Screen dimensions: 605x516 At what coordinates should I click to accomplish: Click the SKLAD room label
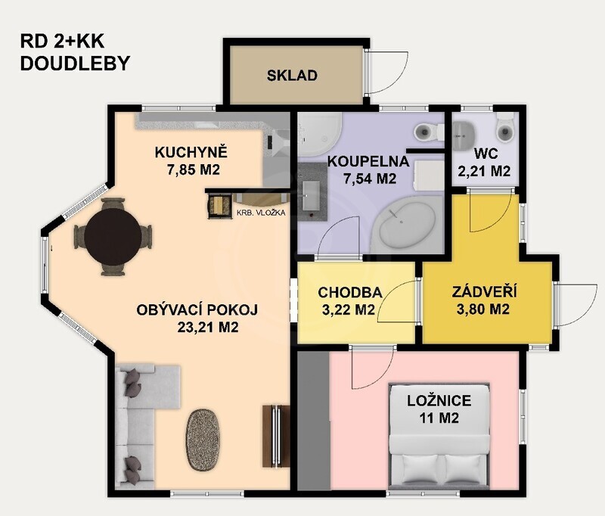pos(292,75)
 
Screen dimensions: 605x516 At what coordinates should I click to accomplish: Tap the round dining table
pos(113,236)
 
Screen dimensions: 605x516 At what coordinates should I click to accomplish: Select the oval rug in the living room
pos(203,440)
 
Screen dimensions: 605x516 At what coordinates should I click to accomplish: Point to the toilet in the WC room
pos(505,129)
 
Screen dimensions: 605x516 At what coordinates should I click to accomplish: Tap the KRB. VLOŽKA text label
pos(261,213)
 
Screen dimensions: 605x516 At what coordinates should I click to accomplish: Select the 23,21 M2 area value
pos(207,328)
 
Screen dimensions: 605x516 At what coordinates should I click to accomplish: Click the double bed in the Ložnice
pos(439,435)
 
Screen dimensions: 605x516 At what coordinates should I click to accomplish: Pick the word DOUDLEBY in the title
pos(75,64)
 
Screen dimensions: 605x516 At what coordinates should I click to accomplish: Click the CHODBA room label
pos(350,293)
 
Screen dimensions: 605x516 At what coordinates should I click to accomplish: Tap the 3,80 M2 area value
pos(483,309)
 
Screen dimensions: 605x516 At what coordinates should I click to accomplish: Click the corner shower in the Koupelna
pos(318,135)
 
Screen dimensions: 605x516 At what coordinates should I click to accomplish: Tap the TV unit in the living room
pos(276,436)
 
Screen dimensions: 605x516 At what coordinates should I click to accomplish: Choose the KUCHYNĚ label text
pos(191,152)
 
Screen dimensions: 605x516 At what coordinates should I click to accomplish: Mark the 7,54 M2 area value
pos(369,179)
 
